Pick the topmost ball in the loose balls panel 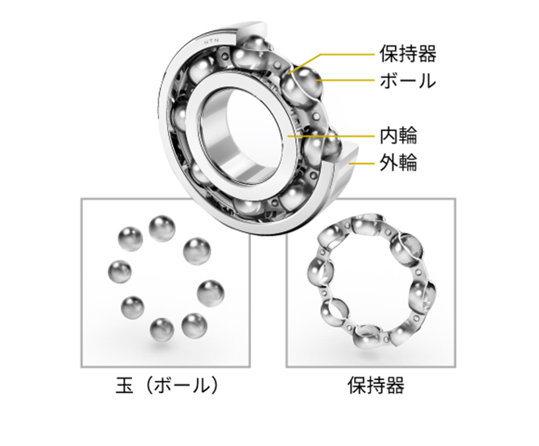click(x=163, y=225)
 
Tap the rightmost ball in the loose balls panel click(x=209, y=288)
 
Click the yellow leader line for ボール click(x=354, y=81)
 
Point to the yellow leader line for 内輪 click(x=338, y=135)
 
